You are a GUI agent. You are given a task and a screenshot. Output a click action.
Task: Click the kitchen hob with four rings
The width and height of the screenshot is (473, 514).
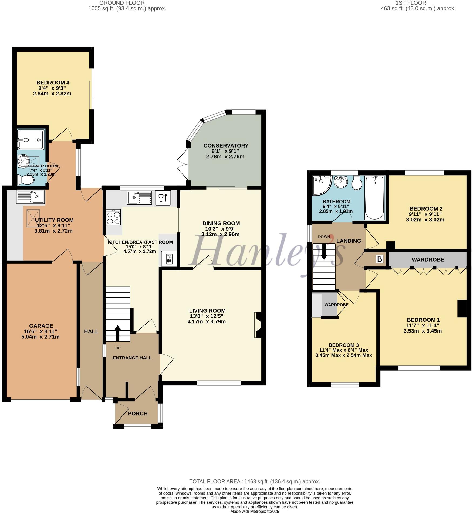[x=113, y=217]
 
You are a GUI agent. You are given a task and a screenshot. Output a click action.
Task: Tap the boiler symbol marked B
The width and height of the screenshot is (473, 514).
[x=379, y=259]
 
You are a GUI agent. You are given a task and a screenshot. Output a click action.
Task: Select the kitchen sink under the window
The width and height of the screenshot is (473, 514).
[x=139, y=198]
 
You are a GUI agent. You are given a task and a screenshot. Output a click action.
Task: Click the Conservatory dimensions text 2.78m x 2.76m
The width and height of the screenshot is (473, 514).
[x=225, y=156]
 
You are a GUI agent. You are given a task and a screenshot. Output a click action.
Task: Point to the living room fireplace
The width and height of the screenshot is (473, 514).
[x=258, y=325]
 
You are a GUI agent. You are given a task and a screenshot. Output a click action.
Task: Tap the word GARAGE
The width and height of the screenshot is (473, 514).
[x=41, y=326]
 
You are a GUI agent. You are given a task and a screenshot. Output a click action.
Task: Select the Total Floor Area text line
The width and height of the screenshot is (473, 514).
[x=255, y=481]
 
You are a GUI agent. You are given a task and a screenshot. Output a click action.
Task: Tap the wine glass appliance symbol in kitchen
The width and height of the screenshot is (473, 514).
[x=163, y=198]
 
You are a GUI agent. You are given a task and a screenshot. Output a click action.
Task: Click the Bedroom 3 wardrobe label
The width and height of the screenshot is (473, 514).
[x=336, y=305]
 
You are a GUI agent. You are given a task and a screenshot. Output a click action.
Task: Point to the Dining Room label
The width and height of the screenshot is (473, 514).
[x=221, y=223]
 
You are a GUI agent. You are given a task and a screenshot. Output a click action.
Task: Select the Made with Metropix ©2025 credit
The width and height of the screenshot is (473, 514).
[x=255, y=511]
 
